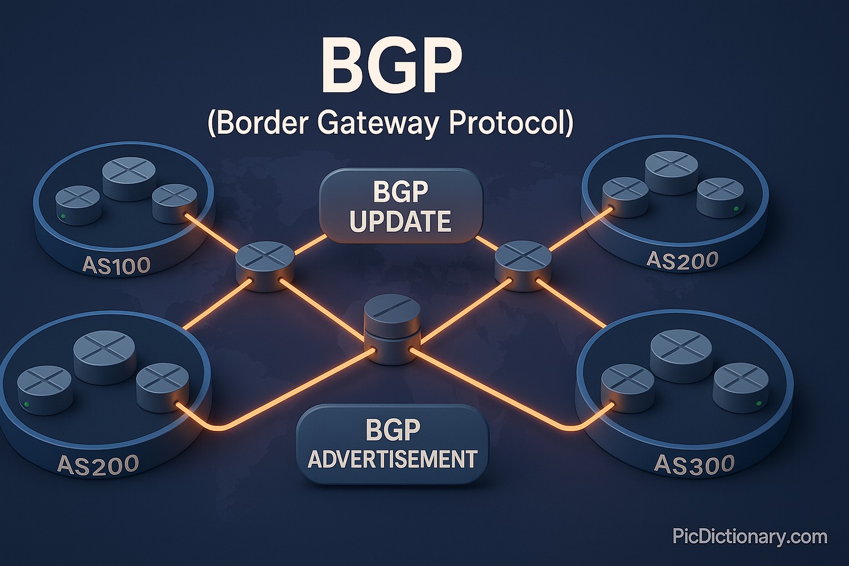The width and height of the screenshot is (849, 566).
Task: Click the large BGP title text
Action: [391, 66]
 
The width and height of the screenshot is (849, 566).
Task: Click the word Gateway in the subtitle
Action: [378, 123]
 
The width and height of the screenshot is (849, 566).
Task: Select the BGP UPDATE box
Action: [401, 206]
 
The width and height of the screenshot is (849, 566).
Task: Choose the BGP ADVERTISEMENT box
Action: [392, 445]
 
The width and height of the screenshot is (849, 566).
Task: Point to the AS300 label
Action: [694, 464]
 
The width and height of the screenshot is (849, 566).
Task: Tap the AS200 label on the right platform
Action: [682, 260]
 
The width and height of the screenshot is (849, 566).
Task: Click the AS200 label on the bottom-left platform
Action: [98, 465]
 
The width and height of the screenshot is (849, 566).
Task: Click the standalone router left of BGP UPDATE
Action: [265, 265]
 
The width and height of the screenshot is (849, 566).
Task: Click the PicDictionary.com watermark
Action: [750, 536]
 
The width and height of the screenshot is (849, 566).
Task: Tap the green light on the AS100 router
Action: [63, 216]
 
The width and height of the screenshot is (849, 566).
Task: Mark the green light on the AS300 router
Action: [758, 404]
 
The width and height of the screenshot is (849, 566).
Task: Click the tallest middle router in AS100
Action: [129, 178]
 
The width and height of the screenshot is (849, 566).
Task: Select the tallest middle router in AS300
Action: [681, 353]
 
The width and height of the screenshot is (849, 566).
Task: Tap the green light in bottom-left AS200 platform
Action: [27, 404]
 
